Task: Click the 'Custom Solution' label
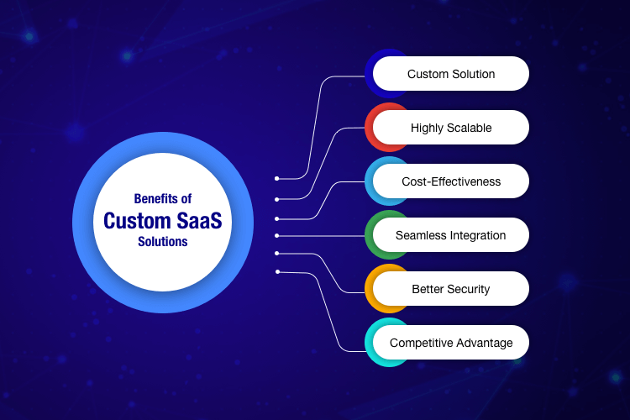click(x=451, y=74)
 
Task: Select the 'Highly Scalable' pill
click(x=451, y=128)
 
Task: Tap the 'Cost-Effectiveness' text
click(x=451, y=181)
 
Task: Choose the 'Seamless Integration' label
click(x=451, y=235)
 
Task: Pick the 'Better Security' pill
click(x=451, y=289)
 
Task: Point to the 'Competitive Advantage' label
click(x=451, y=343)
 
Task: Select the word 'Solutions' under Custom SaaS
click(x=163, y=242)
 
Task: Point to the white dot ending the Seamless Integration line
click(x=276, y=235)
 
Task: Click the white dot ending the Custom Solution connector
click(x=276, y=179)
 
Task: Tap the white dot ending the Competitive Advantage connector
click(x=276, y=271)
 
